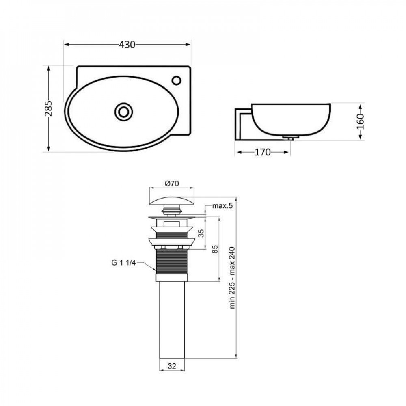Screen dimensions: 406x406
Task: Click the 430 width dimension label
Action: [127, 45]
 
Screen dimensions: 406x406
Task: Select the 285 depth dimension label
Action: [48, 108]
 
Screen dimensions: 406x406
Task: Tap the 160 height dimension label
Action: [360, 122]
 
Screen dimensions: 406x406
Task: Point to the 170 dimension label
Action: [263, 152]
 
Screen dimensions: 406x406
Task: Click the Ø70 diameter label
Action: [172, 184]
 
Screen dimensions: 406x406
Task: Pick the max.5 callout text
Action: [222, 206]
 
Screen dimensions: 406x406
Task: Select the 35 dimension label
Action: [201, 233]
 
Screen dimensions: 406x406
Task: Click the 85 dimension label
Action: [215, 249]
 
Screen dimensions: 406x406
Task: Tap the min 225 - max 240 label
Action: [232, 278]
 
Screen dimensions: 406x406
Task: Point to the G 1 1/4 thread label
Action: [123, 263]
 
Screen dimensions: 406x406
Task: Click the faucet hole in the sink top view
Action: [177, 80]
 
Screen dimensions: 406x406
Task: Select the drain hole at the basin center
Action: [123, 112]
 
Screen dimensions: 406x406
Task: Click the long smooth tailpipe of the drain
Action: [172, 320]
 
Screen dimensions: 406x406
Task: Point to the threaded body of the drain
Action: [172, 261]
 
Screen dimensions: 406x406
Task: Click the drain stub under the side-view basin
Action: [290, 138]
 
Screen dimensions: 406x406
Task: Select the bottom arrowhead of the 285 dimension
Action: [48, 149]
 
